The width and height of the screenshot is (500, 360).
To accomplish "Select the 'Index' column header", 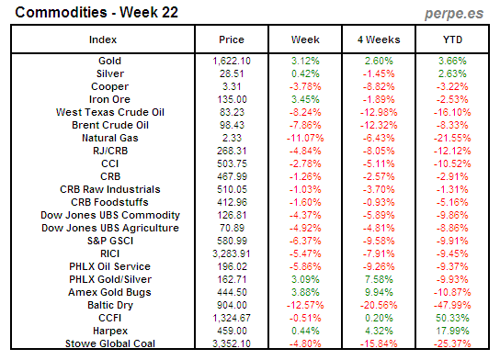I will pos(102,40).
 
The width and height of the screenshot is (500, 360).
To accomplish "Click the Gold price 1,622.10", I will pos(232,60).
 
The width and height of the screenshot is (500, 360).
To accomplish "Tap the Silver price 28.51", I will pos(232,73).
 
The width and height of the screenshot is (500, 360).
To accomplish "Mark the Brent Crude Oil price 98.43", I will pos(232,124).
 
